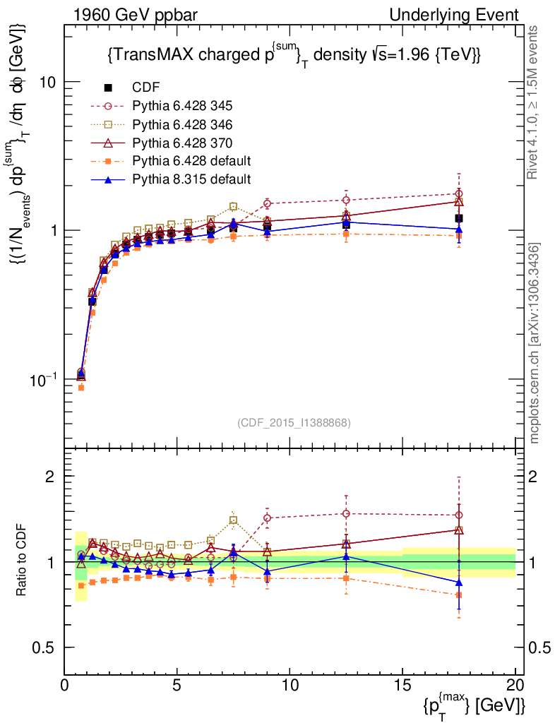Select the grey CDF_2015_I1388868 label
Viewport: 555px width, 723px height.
(293, 422)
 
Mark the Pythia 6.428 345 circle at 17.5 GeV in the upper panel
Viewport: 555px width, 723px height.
(459, 193)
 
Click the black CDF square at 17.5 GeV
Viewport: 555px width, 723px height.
(459, 218)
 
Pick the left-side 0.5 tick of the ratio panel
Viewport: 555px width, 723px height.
(48, 647)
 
